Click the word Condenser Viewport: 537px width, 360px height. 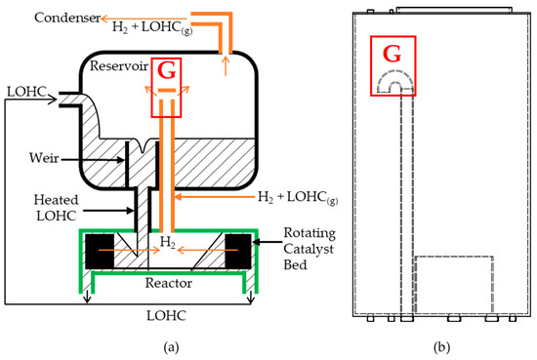click(67, 18)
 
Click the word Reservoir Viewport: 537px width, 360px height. click(119, 65)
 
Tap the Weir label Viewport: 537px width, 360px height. click(44, 158)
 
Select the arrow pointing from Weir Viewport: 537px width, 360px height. click(93, 159)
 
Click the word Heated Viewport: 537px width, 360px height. click(57, 200)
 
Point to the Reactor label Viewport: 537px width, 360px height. click(169, 283)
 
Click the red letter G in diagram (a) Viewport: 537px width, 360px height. click(166, 70)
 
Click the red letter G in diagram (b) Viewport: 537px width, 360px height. click(392, 54)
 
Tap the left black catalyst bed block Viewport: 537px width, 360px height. click(100, 251)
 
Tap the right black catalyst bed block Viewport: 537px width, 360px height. click(238, 251)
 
